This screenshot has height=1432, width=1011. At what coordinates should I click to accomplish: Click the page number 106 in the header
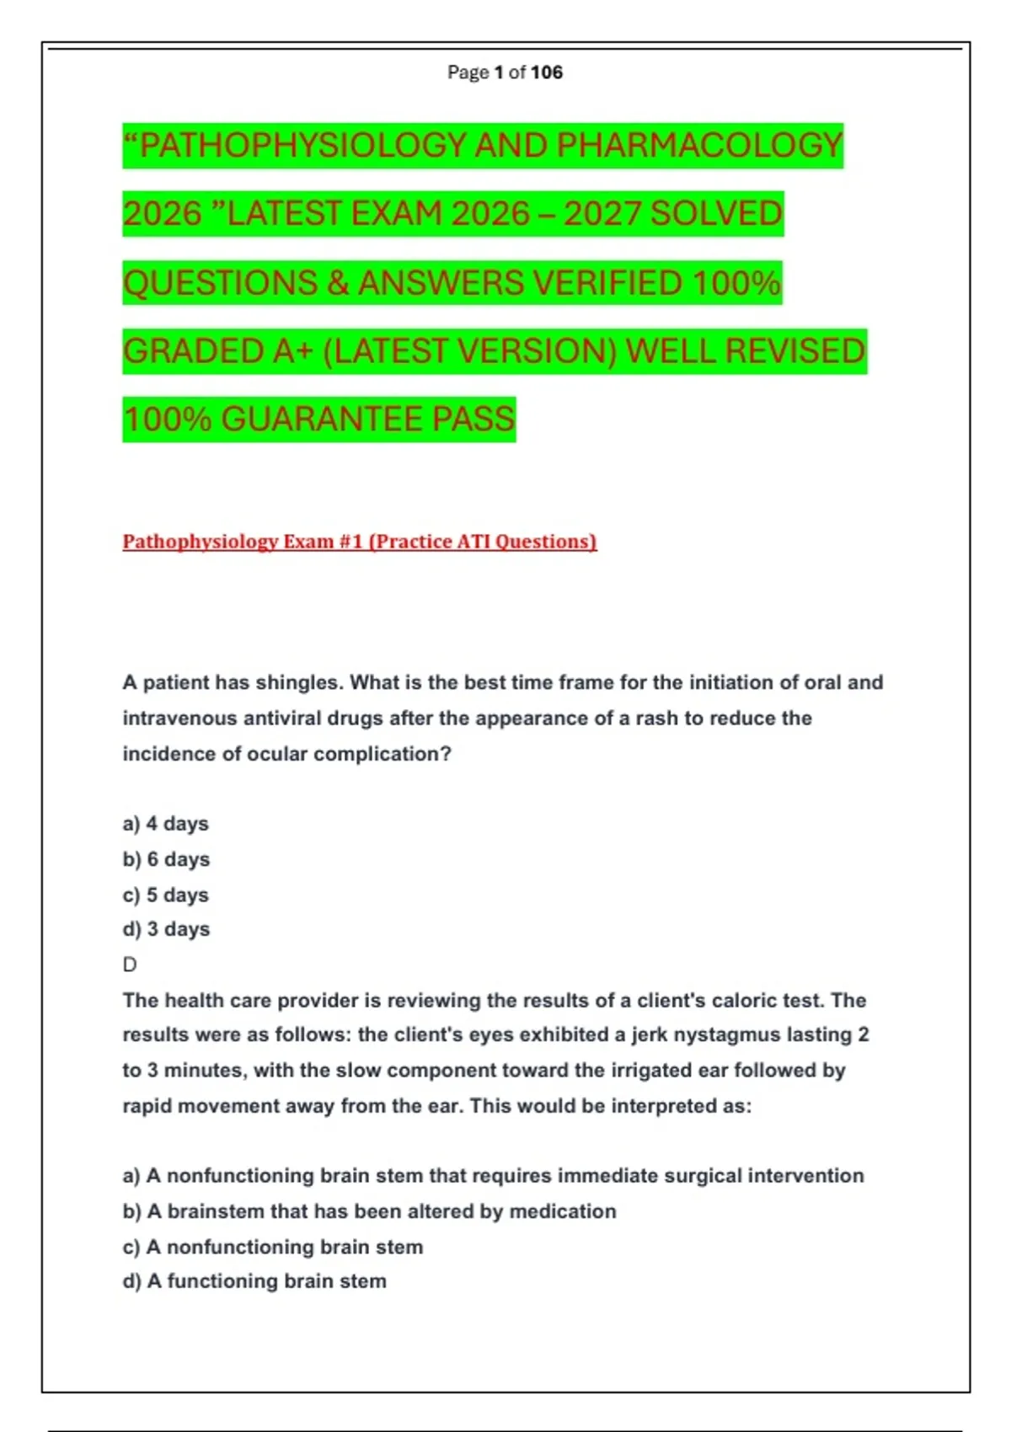547,72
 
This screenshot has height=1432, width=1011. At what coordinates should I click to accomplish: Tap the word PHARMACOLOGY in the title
699,146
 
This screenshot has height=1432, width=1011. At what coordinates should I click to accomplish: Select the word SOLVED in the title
716,214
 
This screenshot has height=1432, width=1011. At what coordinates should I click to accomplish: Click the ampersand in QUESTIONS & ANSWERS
338,283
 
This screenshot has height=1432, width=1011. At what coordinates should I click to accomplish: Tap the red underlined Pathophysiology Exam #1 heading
359,542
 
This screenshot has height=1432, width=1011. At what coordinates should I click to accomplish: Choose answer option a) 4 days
165,824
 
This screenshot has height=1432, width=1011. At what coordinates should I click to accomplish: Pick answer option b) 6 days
166,859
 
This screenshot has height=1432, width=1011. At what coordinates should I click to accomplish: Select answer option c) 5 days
165,895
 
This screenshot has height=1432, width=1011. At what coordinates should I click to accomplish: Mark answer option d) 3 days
166,929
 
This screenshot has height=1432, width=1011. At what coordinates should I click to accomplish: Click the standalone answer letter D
130,964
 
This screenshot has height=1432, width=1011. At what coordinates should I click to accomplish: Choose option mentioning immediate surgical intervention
493,1176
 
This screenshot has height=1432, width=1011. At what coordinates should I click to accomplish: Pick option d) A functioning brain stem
254,1281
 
